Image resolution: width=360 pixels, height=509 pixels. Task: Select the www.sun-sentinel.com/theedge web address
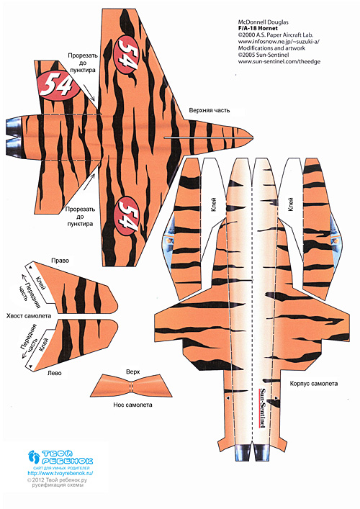[279, 61]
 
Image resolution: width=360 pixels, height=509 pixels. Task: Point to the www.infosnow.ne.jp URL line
[279, 42]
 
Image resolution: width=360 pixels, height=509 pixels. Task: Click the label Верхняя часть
[210, 110]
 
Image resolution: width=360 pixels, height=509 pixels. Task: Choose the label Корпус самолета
[314, 384]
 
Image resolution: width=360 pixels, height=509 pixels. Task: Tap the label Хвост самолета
[29, 315]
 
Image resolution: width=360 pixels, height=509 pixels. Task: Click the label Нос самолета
[132, 405]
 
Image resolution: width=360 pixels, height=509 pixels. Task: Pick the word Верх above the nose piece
[132, 371]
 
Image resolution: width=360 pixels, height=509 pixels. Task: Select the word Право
[60, 261]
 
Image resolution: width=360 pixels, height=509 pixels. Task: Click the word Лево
[55, 373]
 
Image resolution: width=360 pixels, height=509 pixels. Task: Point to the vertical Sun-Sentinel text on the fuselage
[262, 408]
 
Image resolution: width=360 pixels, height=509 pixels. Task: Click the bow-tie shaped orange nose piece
[131, 387]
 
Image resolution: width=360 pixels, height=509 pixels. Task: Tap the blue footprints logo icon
[33, 456]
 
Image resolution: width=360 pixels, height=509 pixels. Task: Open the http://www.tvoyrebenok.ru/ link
[60, 473]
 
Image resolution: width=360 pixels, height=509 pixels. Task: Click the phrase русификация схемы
[58, 485]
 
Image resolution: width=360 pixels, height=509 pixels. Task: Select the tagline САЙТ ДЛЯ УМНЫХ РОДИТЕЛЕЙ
[61, 468]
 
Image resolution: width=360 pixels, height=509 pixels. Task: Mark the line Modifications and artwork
[271, 48]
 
